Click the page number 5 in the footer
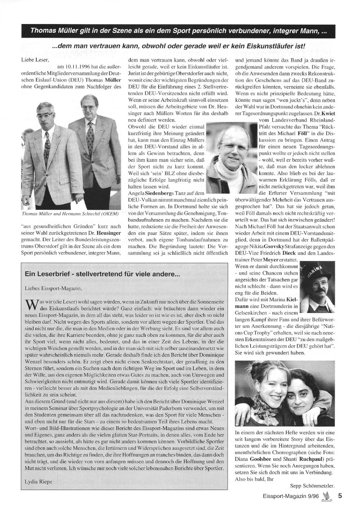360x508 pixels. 339,495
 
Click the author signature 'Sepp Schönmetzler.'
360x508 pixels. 312,485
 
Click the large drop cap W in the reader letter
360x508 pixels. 31,305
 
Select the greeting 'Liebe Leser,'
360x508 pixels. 32,60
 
